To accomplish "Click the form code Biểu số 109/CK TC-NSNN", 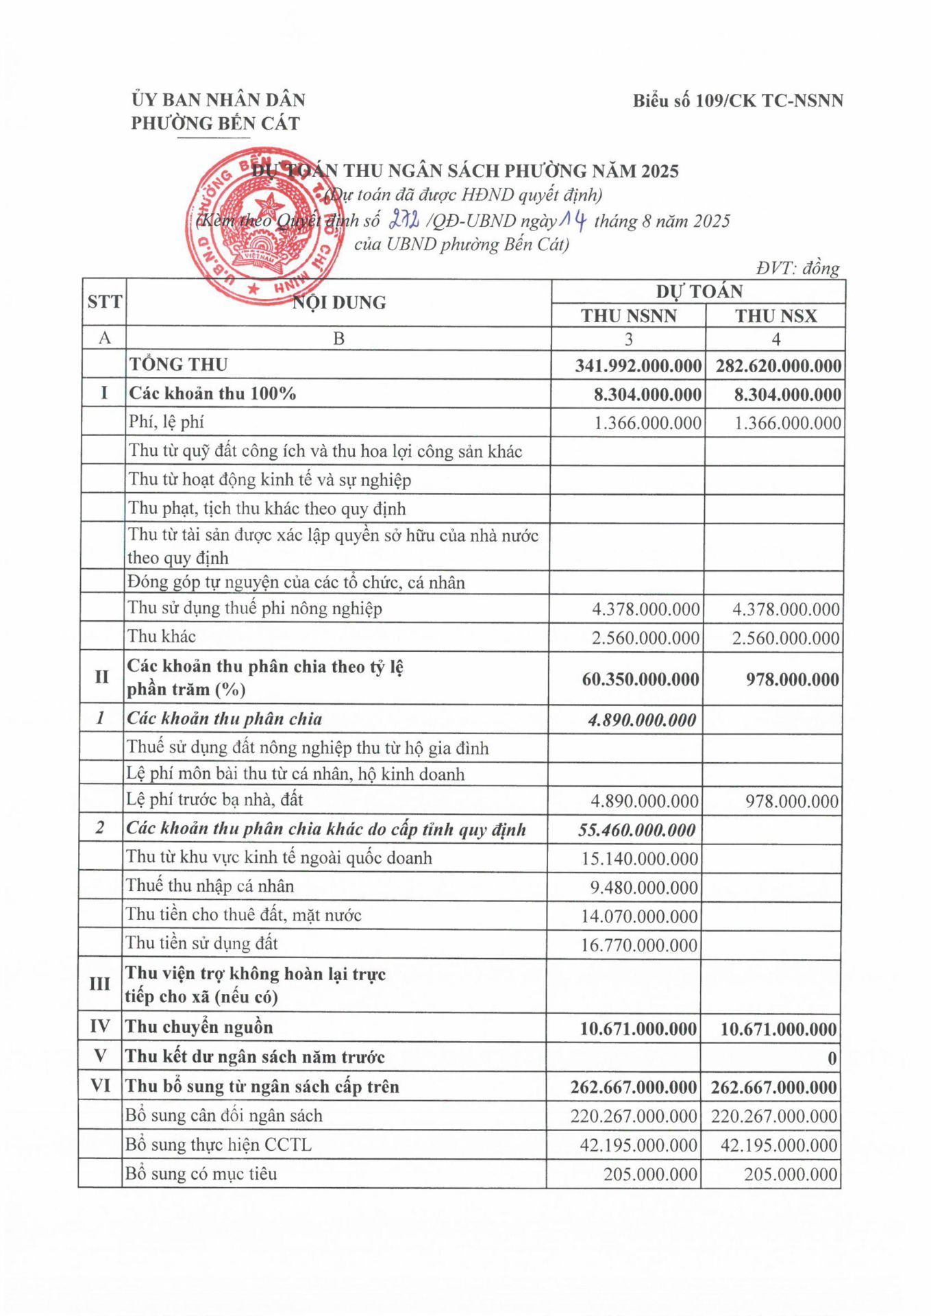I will pos(737,101).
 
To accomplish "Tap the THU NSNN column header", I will pos(628,316).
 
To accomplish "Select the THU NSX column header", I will pos(775,316).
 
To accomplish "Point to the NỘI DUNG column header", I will pos(339,302).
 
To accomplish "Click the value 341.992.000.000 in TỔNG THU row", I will pos(638,366).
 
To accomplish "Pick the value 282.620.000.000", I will pos(778,366).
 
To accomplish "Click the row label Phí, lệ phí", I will pos(166,422).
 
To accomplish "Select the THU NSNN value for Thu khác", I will pos(645,638).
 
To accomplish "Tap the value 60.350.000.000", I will pos(641,679).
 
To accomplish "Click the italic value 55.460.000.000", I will pos(636,830).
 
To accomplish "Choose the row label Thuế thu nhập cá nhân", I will pos(210,886).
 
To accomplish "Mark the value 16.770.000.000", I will pos(638,945).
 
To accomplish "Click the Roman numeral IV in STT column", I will pos(100,1026).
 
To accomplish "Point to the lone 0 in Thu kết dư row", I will pos(832,1058).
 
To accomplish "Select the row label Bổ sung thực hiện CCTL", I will pos(218,1145).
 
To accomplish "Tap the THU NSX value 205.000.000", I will pos(791,1174).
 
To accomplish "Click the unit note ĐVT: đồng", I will pos(797,268).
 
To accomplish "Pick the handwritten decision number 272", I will pos(404,220).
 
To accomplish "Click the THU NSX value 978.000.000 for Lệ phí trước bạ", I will pos(791,801).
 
